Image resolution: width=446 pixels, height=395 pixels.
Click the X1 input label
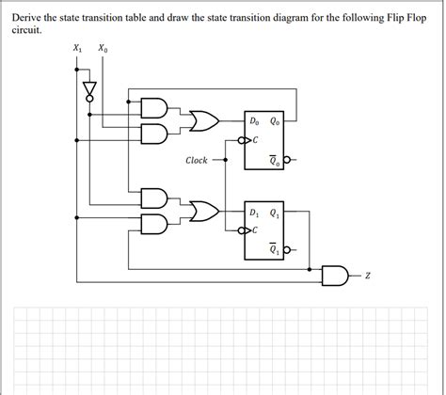(76, 48)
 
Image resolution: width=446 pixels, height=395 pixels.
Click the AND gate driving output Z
(335, 276)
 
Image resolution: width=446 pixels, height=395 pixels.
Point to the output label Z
(369, 276)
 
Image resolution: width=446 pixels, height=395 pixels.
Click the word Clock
(196, 161)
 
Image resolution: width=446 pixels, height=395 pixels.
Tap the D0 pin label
(255, 120)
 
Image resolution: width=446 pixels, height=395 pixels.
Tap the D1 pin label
(255, 211)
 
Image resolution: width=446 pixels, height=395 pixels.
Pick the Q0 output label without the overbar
(275, 120)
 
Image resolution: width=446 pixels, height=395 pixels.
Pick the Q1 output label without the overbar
(275, 211)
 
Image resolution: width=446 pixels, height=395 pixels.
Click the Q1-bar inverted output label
(274, 249)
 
